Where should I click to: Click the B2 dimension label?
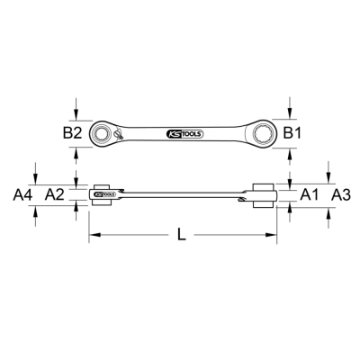[74, 133]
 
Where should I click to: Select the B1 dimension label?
[292, 133]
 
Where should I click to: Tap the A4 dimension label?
[23, 193]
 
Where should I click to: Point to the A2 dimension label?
[54, 193]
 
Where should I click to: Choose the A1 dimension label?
[309, 193]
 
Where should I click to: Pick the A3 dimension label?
[340, 193]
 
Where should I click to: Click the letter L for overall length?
[183, 237]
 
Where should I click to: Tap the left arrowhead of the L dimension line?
[93, 237]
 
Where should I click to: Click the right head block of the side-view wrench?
[265, 193]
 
